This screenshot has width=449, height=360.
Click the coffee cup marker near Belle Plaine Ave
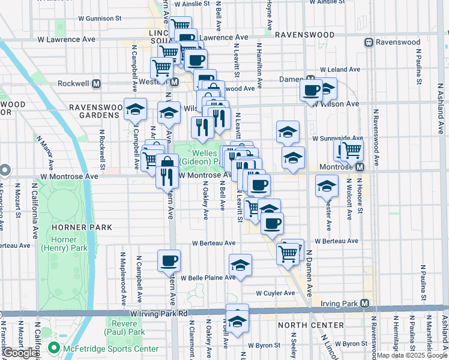pyautogui.click(x=169, y=261)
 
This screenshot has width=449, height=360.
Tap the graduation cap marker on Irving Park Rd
pyautogui.click(x=237, y=322)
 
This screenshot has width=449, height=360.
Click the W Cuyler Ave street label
pyautogui.click(x=276, y=293)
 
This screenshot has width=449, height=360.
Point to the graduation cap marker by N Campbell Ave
pyautogui.click(x=135, y=110)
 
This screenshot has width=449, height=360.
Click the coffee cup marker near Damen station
pyautogui.click(x=311, y=91)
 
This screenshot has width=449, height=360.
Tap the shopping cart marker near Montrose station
pyautogui.click(x=352, y=149)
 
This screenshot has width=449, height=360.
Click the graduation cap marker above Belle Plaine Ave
pyautogui.click(x=240, y=265)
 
